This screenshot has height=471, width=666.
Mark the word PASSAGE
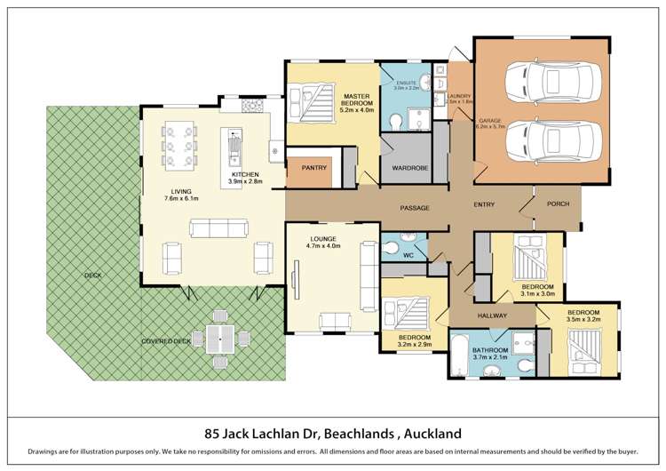point(414,208)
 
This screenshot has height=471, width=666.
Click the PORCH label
point(558,204)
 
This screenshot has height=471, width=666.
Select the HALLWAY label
point(492,315)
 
